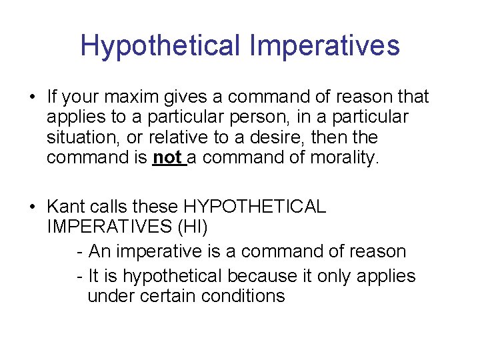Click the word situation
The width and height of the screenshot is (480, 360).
tap(78, 137)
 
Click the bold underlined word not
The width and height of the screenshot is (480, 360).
tap(167, 157)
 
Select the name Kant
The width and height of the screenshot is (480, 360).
tap(65, 207)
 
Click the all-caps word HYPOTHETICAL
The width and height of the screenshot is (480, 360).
tap(253, 207)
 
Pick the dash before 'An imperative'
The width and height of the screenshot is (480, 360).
tap(80, 252)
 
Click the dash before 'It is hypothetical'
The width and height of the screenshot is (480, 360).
tap(80, 276)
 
